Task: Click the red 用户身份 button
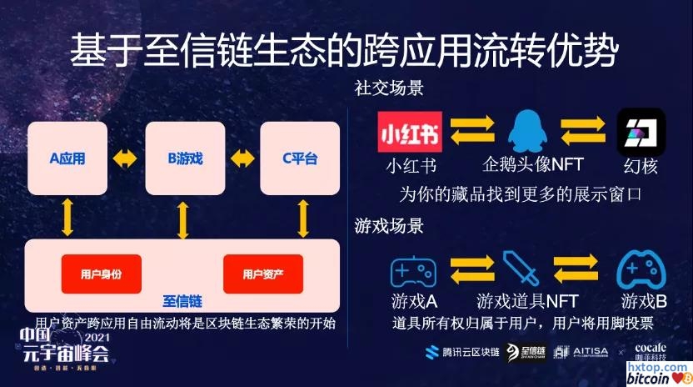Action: pyautogui.click(x=101, y=274)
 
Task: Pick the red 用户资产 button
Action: pyautogui.click(x=262, y=274)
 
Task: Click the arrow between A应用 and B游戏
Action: pyautogui.click(x=126, y=158)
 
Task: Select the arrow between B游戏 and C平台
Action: pyautogui.click(x=242, y=158)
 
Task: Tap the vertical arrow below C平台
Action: pyautogui.click(x=304, y=218)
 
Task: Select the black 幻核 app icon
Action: pyautogui.click(x=640, y=131)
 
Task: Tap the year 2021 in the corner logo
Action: pyautogui.click(x=97, y=337)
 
